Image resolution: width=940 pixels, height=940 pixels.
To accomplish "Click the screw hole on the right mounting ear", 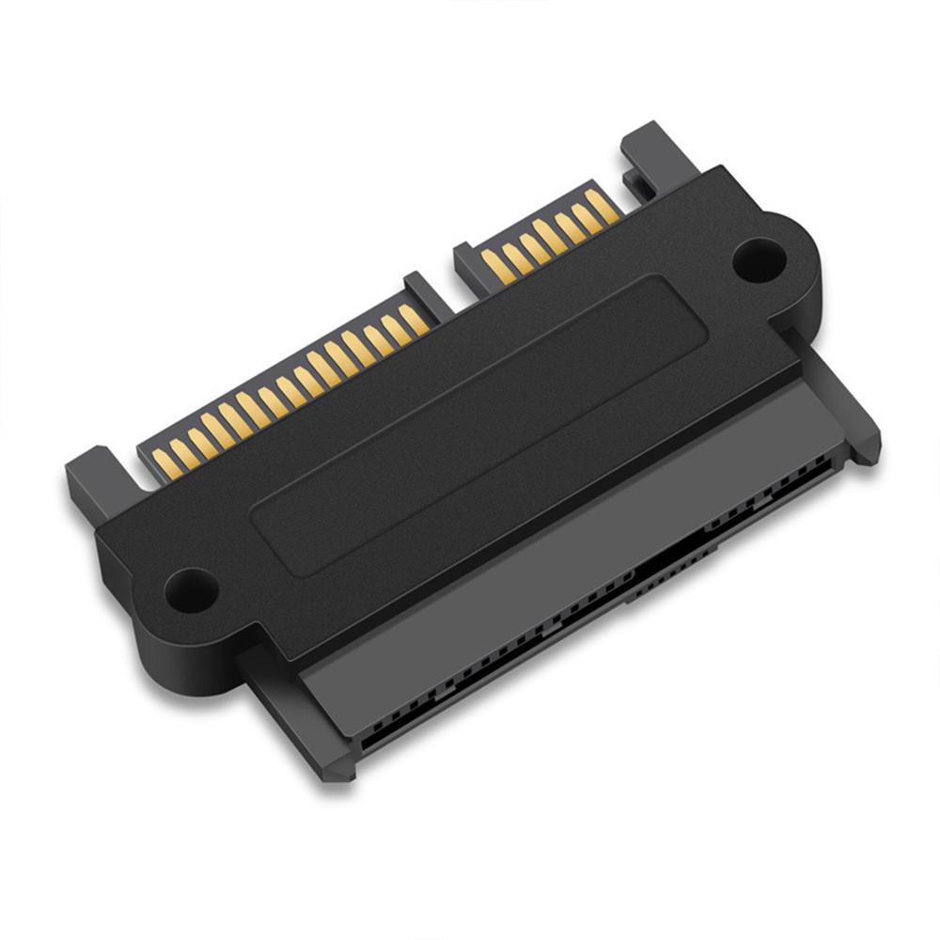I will click(759, 258).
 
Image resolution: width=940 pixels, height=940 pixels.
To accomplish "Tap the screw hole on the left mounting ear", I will click(191, 589).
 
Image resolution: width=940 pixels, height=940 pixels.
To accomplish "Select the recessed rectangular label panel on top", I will click(479, 423).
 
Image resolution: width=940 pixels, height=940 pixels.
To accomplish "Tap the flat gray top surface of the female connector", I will click(564, 526).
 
